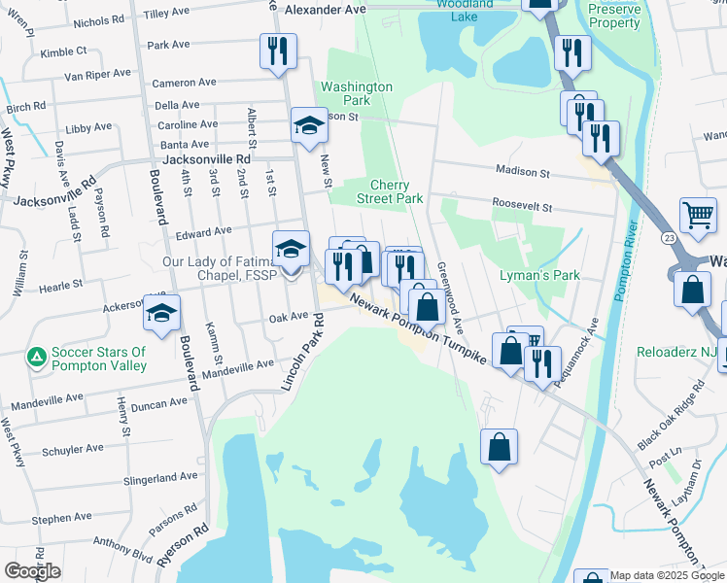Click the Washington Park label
357,93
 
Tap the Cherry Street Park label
397,191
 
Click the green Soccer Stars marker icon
37,358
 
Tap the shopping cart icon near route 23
698,217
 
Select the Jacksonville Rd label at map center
207,158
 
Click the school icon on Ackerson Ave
162,311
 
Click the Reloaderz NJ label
675,351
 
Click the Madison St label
523,172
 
